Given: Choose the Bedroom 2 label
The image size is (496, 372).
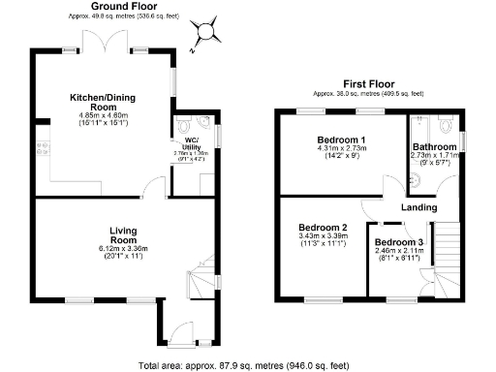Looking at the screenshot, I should coord(320,226).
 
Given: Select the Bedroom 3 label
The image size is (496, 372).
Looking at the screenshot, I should coord(398,241).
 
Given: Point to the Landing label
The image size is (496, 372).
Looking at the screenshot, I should coord(418,207).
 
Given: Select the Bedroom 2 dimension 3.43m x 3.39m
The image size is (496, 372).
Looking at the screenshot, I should coord(320,236).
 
